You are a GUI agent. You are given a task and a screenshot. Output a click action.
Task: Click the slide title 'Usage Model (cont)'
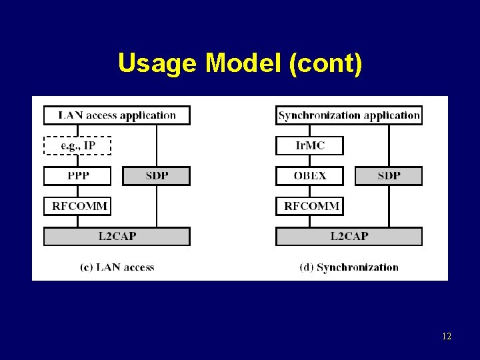[240, 63]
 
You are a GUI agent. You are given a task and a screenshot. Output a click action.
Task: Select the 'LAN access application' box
[117, 115]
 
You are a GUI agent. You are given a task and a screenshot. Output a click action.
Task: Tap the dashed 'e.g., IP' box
[77, 145]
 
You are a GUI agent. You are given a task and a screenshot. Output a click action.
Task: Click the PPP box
[77, 176]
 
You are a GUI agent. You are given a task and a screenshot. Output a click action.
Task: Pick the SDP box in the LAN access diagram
[157, 176]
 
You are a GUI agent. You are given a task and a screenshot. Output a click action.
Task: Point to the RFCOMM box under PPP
[77, 206]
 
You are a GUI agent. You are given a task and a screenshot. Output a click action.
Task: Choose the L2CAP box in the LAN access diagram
[117, 236]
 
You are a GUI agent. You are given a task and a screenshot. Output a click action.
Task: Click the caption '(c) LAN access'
[117, 267]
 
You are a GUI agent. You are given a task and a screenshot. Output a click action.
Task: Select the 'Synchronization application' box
[349, 115]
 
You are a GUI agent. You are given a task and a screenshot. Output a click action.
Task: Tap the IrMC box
[309, 145]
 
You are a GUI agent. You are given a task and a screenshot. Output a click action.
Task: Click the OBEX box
[309, 176]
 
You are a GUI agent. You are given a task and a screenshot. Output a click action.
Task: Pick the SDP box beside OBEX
[389, 176]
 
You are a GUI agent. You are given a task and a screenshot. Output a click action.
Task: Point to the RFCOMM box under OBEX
[309, 206]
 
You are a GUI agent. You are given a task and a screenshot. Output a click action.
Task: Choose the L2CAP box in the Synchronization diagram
[349, 236]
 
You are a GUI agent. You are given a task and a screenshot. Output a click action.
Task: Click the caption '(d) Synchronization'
[349, 267]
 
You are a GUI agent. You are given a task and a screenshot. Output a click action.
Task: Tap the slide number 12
[446, 337]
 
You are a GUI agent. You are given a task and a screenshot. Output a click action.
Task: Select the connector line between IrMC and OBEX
[309, 161]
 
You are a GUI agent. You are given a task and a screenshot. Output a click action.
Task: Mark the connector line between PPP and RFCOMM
[77, 191]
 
